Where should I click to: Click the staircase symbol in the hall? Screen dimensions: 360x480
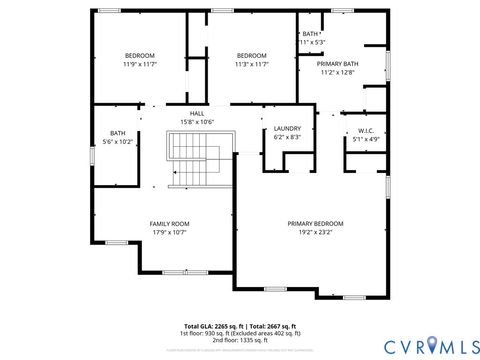tap(187, 162)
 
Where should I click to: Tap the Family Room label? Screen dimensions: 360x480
tap(169, 223)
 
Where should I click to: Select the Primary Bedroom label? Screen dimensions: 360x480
tap(315, 223)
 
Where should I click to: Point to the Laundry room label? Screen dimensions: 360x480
tap(287, 128)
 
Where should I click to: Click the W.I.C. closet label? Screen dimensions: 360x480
tap(366, 131)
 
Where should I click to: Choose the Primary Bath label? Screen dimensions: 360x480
tap(339, 64)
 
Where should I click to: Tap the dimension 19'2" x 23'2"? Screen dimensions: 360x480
tap(315, 232)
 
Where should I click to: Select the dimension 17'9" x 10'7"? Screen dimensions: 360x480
tap(169, 232)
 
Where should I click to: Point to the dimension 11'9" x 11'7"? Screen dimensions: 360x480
tap(141, 64)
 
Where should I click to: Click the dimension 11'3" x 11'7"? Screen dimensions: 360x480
tap(252, 64)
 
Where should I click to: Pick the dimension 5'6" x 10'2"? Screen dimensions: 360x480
tap(118, 142)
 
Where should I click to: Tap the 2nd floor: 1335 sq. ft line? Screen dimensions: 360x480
tap(240, 340)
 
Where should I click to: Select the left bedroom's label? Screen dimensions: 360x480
tap(141, 55)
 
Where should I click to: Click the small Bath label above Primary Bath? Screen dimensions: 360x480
tap(311, 34)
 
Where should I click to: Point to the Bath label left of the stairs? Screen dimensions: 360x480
tap(118, 133)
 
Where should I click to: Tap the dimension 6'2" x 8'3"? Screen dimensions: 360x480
tap(287, 137)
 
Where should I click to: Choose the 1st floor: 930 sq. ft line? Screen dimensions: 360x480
tap(240, 333)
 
